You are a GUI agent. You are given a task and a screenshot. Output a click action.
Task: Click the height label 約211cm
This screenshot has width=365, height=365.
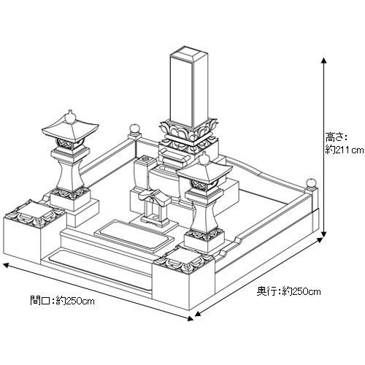pos(345,150)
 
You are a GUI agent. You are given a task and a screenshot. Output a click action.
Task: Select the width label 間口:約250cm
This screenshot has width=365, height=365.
pos(62,301)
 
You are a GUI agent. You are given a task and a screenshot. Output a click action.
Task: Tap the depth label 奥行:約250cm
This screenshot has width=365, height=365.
pos(288,291)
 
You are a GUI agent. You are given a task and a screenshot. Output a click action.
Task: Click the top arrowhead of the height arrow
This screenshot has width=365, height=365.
pos(323,61)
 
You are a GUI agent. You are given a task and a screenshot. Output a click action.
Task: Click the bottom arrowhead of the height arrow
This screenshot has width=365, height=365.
pos(323,234)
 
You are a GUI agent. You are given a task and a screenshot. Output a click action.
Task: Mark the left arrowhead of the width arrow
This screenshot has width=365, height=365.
pos(6,265)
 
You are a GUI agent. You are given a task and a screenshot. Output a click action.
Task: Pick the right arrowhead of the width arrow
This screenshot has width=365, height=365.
pos(191,318)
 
